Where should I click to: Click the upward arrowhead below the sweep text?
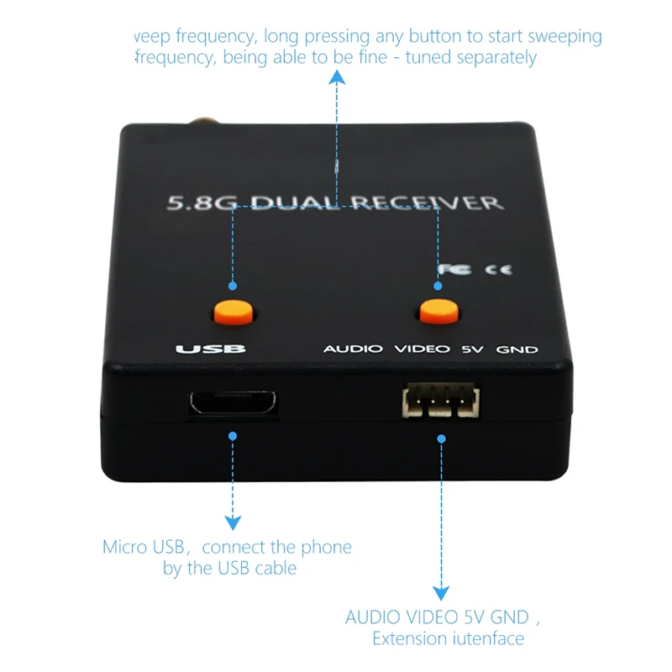337,78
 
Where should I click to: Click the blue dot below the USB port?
233,436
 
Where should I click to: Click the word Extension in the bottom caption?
409,639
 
